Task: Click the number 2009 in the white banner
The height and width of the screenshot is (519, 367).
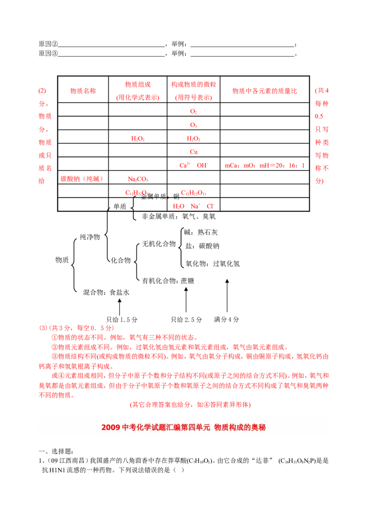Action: click(111, 427)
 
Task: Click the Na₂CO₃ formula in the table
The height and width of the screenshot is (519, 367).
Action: click(138, 179)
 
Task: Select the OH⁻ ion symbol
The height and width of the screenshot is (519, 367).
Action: click(201, 165)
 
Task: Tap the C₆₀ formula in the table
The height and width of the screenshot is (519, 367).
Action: click(193, 151)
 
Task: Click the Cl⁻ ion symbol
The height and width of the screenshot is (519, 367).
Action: click(210, 206)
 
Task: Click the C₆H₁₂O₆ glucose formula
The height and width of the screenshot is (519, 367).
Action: click(193, 193)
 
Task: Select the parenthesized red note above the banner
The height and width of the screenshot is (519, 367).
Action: click(190, 405)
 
